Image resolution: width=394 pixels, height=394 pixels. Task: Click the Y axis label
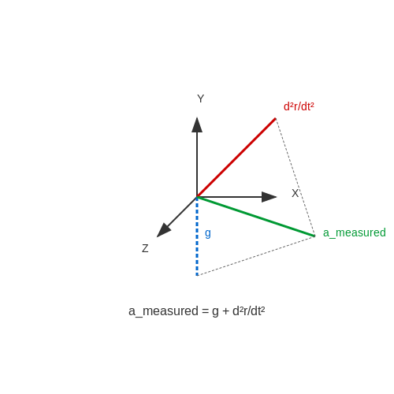click(201, 98)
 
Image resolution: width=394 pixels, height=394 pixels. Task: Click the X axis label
click(295, 193)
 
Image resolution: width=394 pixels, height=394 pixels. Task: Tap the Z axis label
click(145, 248)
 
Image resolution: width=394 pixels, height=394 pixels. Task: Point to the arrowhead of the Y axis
click(197, 125)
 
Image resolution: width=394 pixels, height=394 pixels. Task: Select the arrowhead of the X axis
click(269, 197)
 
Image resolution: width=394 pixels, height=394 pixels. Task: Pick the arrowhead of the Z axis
click(163, 230)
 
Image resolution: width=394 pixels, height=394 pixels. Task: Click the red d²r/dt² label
click(299, 106)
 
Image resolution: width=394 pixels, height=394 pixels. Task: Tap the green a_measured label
click(355, 232)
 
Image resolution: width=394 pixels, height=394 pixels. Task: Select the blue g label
click(208, 233)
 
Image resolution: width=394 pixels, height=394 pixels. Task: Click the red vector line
click(236, 158)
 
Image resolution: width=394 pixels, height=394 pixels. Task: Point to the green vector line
click(256, 217)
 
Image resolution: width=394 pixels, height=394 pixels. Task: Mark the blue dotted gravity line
click(197, 236)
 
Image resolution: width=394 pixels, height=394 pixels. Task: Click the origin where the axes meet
click(197, 197)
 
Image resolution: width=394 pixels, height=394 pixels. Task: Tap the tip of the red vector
click(276, 119)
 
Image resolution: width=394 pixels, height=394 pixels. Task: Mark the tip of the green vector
click(314, 236)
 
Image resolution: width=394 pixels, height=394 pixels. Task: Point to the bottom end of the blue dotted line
click(197, 275)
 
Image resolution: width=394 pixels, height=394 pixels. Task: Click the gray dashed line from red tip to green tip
click(295, 177)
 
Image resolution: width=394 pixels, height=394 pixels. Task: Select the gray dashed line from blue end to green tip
click(256, 255)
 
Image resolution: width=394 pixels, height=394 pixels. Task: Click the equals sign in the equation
click(205, 311)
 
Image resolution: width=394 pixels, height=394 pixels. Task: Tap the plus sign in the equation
click(225, 311)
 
